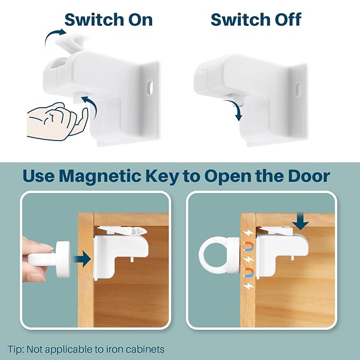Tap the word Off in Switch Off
283,20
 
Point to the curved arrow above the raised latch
55,37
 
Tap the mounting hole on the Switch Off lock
298,85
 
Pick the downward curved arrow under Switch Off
237,109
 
